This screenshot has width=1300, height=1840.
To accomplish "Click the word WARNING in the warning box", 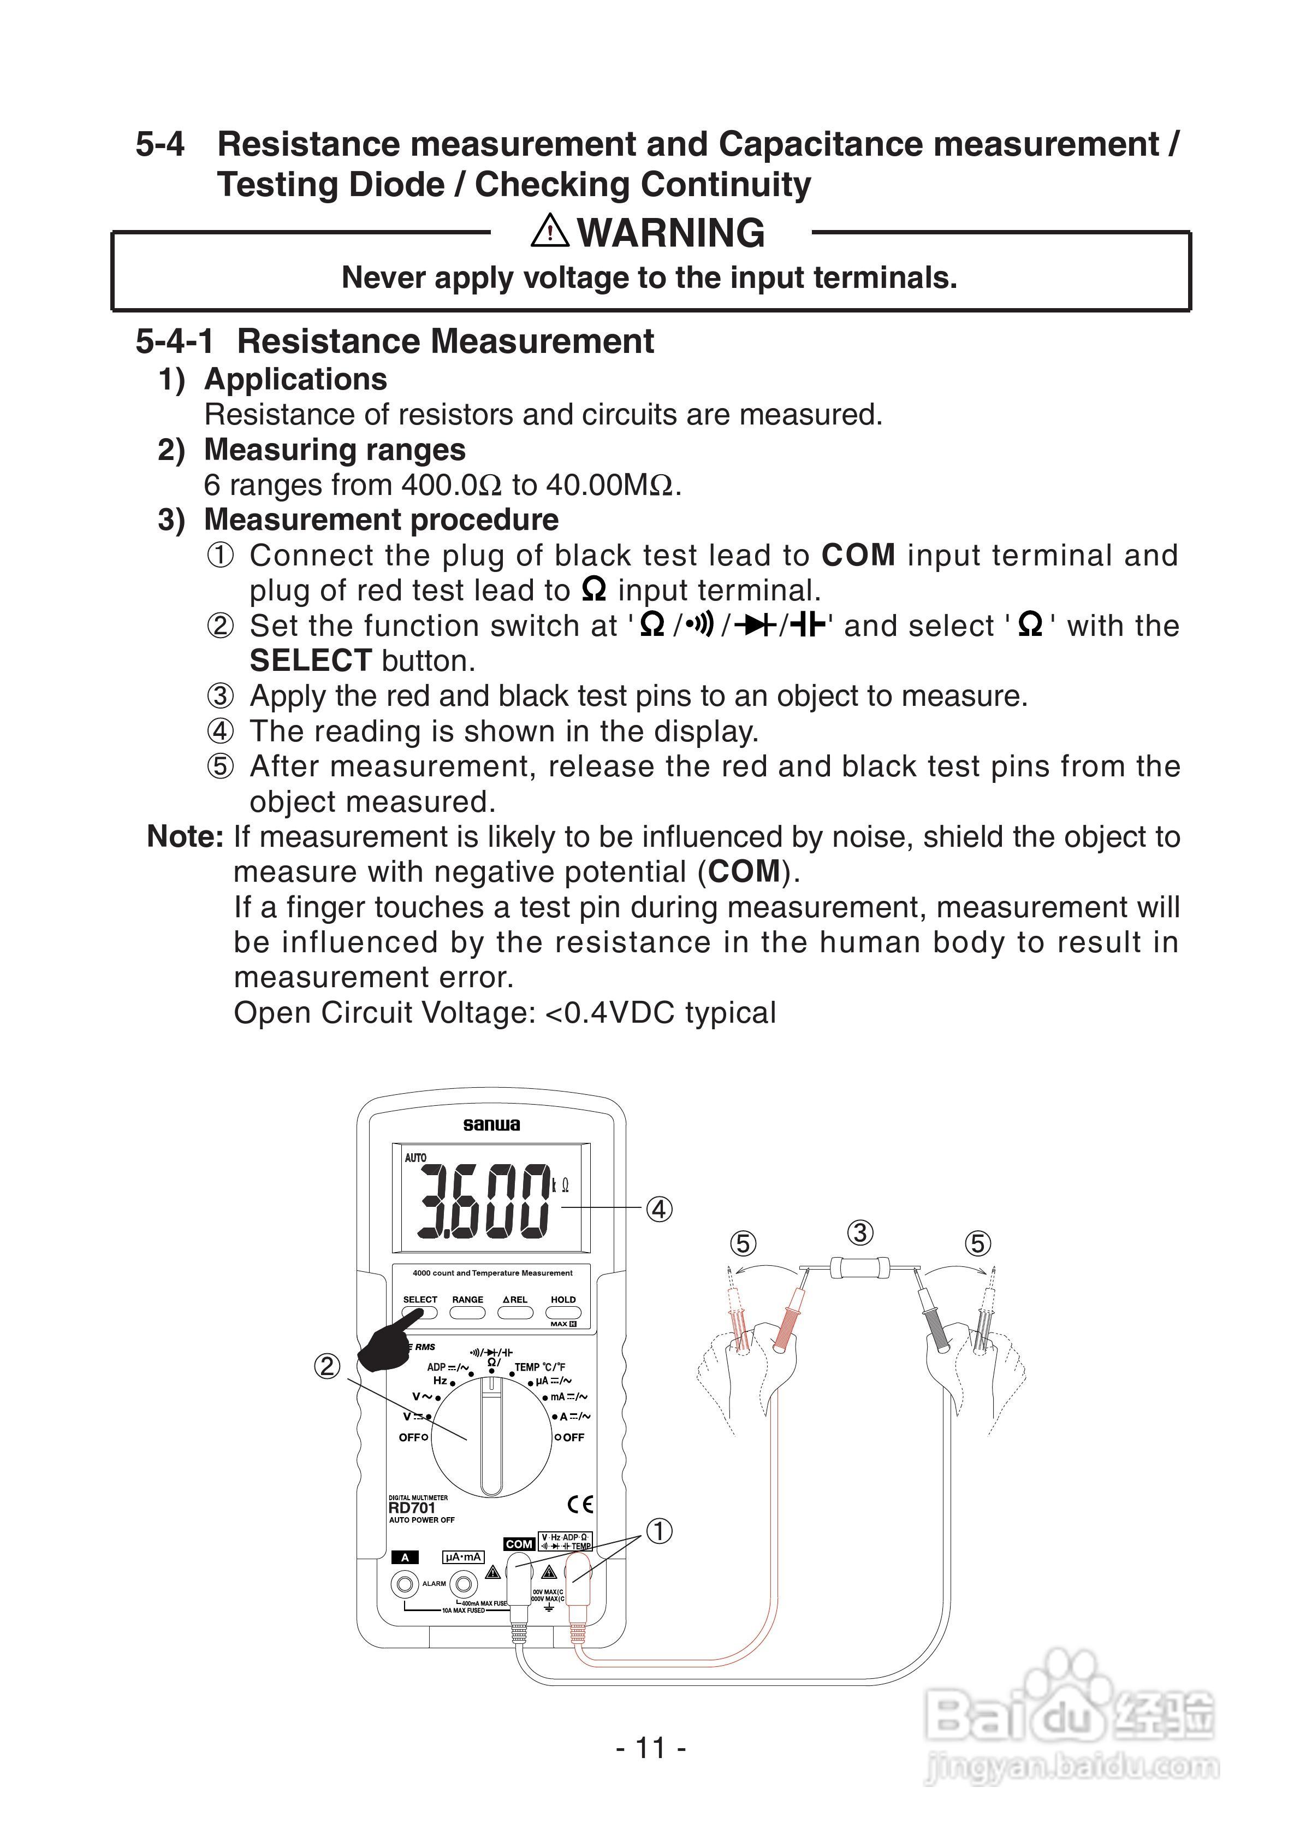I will click(670, 233).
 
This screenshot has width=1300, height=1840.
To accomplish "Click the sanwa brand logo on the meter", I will click(491, 1125).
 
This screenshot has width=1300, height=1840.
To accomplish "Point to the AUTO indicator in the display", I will click(415, 1158).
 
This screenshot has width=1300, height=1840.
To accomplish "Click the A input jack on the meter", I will click(405, 1584).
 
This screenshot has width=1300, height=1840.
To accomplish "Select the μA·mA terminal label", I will click(463, 1557).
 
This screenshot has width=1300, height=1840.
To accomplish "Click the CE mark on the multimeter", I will click(581, 1504).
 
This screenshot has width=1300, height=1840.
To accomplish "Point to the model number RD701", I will click(412, 1507).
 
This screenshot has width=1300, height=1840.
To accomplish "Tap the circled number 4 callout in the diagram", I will click(659, 1210).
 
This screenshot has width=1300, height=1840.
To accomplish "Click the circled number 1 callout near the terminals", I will click(659, 1531).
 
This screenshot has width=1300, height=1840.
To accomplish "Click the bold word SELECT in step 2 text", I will click(310, 661).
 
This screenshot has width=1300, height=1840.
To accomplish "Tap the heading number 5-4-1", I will click(175, 341).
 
